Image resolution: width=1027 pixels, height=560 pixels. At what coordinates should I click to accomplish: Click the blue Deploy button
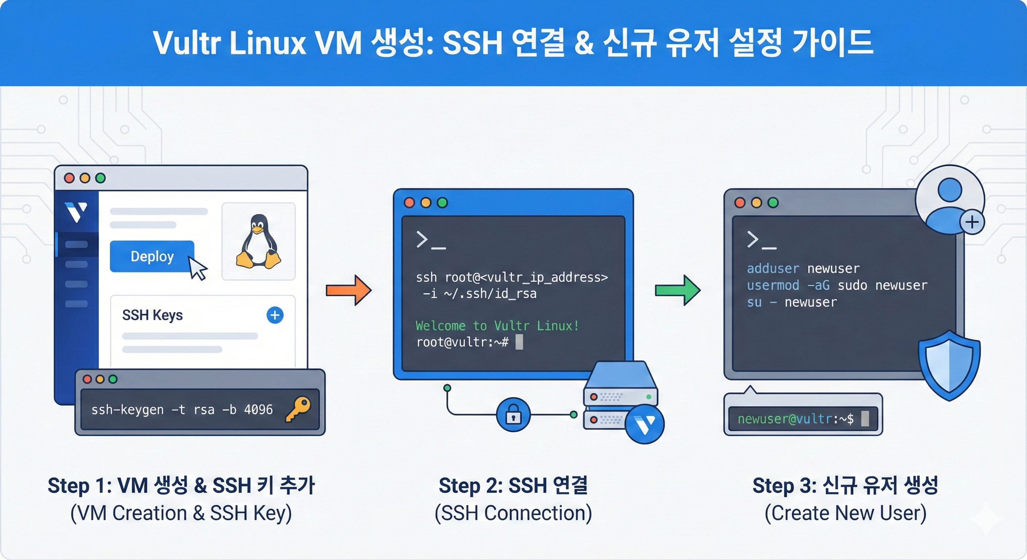(x=152, y=256)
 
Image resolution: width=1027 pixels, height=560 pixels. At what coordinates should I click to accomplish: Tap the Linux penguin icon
(x=258, y=242)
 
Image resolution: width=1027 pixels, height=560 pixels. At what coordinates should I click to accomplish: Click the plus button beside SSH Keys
(x=275, y=315)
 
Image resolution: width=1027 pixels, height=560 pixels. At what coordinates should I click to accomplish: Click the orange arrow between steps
(x=348, y=290)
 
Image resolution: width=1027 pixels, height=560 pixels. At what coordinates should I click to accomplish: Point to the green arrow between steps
(x=677, y=290)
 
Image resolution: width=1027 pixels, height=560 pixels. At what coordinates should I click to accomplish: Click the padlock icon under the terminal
(x=513, y=415)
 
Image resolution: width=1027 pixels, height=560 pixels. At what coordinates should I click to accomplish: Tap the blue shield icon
(x=949, y=365)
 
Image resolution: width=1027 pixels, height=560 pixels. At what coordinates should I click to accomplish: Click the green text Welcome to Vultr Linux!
(x=497, y=326)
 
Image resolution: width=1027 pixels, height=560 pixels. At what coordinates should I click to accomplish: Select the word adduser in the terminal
(x=773, y=269)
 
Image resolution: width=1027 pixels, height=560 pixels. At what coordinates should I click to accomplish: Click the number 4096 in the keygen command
(x=258, y=410)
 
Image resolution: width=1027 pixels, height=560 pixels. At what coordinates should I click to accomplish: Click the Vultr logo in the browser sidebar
(x=76, y=212)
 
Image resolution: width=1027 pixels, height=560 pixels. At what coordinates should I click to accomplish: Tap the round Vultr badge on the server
(x=645, y=424)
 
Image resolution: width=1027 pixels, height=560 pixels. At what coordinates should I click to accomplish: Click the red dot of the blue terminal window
(x=409, y=202)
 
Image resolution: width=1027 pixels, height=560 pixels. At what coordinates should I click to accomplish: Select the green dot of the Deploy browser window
(x=100, y=178)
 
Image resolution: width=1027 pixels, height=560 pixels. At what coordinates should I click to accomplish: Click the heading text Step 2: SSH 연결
(x=513, y=486)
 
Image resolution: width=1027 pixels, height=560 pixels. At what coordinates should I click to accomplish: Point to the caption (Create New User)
(x=845, y=513)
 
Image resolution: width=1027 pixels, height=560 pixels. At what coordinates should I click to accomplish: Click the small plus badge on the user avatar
(x=972, y=222)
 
